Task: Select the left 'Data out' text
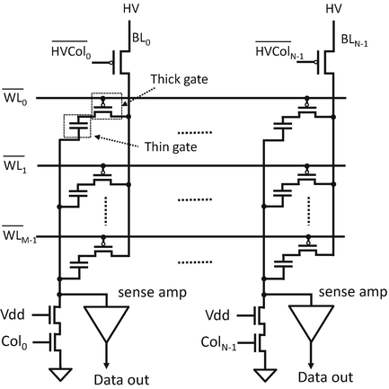(106, 379)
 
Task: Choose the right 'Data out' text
(311, 379)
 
